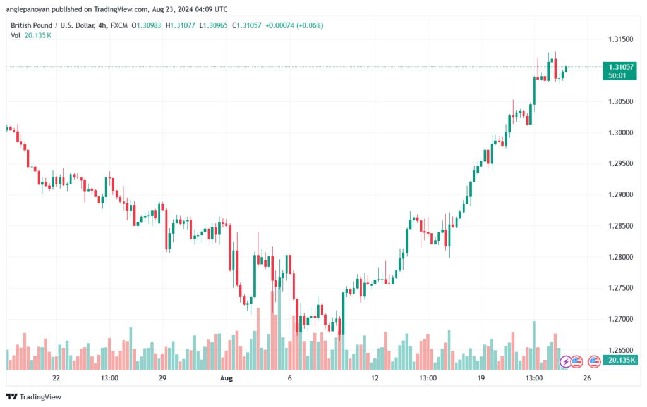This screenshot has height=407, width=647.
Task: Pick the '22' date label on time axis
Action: pyautogui.click(x=56, y=379)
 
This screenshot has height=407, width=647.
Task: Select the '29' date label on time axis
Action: pyautogui.click(x=162, y=379)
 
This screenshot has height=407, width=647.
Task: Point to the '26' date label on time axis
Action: pyautogui.click(x=587, y=379)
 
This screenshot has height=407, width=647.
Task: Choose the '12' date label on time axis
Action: pyautogui.click(x=375, y=379)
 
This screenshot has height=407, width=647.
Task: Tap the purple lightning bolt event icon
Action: pyautogui.click(x=566, y=362)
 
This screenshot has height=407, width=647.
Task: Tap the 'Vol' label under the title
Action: pyautogui.click(x=16, y=35)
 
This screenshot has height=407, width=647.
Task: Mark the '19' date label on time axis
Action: pyautogui.click(x=481, y=379)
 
